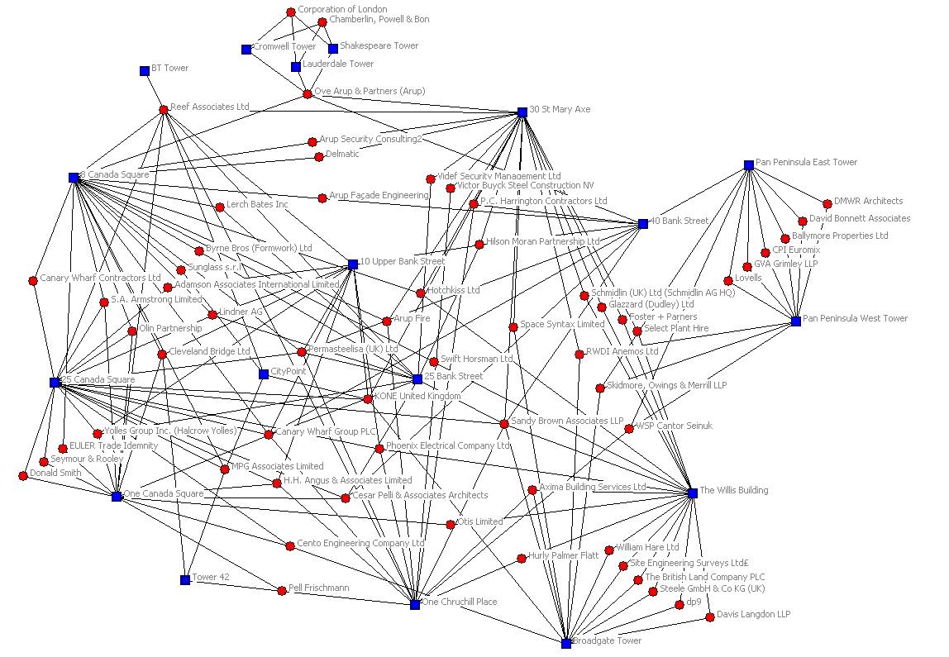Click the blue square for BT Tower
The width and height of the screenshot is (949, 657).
tap(145, 71)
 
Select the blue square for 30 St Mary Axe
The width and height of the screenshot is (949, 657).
tap(522, 112)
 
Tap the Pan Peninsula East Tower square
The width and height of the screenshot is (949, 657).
tap(749, 165)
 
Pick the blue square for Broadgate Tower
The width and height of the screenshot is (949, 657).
tap(566, 643)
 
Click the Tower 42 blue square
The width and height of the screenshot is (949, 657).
tap(185, 579)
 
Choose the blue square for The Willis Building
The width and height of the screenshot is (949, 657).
tap(693, 493)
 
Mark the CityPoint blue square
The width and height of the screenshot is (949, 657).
tap(264, 374)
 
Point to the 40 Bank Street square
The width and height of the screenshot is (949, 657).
tap(643, 224)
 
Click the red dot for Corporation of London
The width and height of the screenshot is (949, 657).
tap(291, 12)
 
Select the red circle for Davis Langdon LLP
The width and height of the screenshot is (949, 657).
tap(710, 617)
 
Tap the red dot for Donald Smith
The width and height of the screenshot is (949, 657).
tap(23, 476)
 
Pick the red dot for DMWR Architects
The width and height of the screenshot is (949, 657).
tap(827, 203)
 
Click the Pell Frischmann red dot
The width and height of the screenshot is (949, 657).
tap(282, 590)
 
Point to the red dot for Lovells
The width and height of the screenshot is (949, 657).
tap(728, 281)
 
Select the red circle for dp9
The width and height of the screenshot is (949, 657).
tap(680, 605)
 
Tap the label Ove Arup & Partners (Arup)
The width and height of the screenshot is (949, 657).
tap(370, 91)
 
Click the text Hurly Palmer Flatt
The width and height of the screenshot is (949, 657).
tap(563, 555)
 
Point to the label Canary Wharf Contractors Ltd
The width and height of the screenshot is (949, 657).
tap(100, 278)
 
